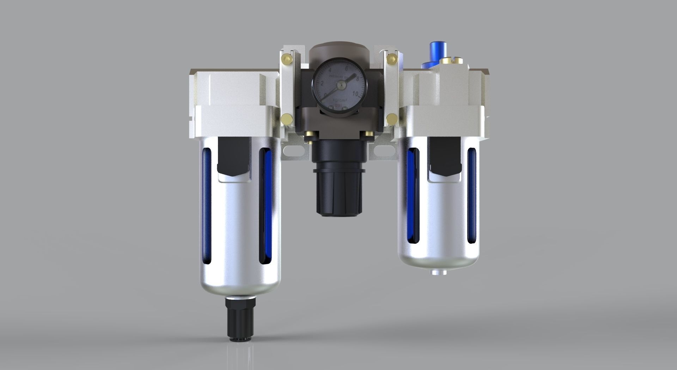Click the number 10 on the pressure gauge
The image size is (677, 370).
[x=356, y=94]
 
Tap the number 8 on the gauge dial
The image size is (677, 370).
[x=358, y=79]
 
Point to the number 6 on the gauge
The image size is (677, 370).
[x=347, y=69]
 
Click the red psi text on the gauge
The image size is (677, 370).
[x=338, y=105]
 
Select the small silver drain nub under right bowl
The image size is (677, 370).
[x=438, y=272]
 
